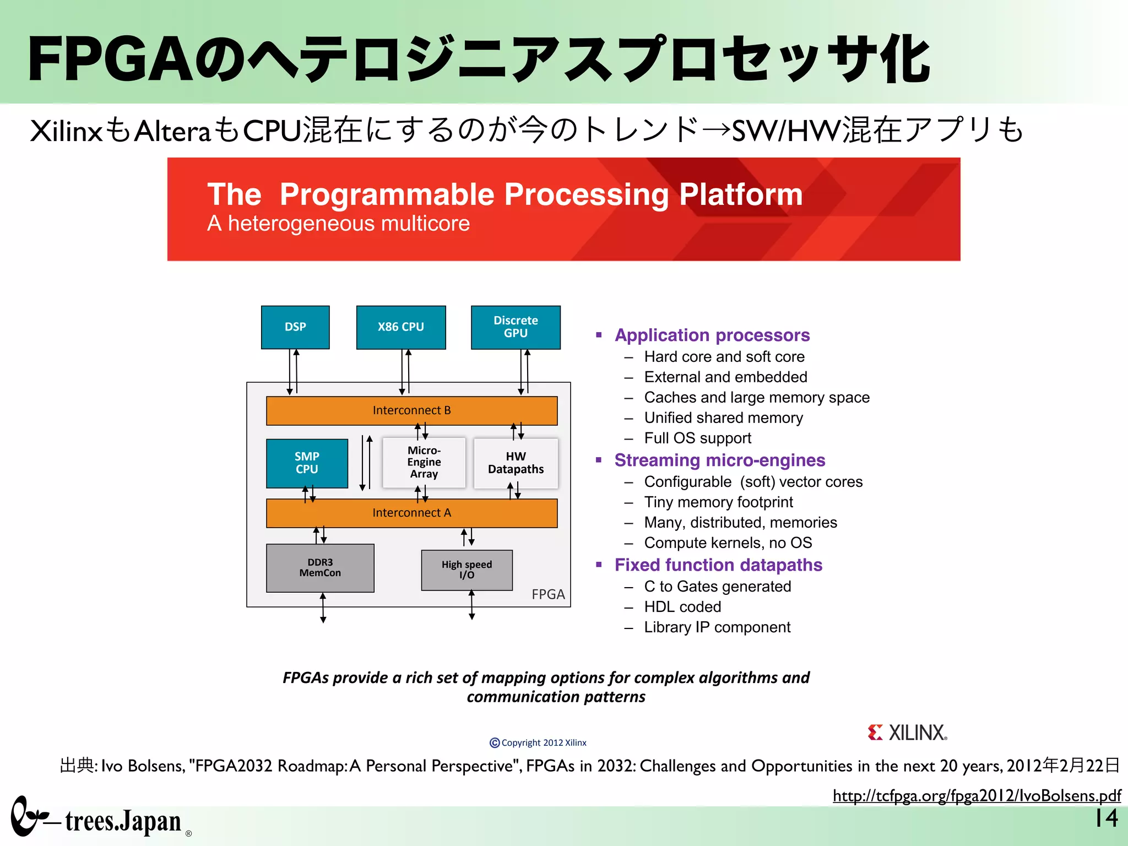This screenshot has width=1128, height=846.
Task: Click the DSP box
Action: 295,327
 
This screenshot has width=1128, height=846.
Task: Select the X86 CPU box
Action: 401,327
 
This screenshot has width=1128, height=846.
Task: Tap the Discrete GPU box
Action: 516,327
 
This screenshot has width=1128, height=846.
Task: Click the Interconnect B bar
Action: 411,410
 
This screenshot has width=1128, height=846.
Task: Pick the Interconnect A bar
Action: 411,513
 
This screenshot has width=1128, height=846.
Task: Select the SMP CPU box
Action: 307,463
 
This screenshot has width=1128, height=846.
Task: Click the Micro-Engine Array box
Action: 424,463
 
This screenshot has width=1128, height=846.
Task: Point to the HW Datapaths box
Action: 516,463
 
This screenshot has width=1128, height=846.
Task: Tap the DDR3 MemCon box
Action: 320,568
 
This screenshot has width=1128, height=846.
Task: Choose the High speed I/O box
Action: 467,570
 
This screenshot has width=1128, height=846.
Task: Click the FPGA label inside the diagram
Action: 548,594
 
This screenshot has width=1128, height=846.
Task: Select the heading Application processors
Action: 712,335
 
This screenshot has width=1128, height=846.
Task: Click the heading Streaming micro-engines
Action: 719,460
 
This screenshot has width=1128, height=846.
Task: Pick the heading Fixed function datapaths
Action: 718,565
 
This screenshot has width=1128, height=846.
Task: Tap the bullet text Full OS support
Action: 697,438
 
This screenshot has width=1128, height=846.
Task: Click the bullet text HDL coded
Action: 682,607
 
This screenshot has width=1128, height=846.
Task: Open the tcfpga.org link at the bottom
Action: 977,796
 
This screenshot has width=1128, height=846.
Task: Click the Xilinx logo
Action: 907,733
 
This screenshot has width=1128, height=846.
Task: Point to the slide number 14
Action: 1106,818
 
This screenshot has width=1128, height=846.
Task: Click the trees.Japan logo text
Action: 123,822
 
